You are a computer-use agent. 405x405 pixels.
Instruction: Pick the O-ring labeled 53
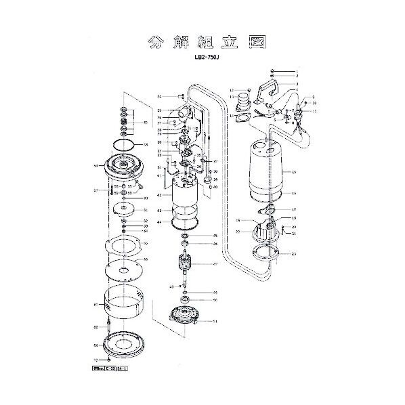123,145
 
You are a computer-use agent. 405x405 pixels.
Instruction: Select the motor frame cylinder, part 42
185,194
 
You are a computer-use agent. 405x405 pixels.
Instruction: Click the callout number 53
146,145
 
